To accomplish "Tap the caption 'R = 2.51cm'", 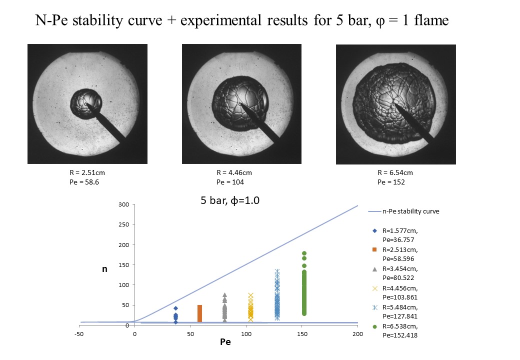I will [87, 173].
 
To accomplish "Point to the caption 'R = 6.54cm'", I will [395, 173].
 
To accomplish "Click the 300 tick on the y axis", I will [123, 205].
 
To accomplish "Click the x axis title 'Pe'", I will [225, 343].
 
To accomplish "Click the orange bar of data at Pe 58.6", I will [199, 313].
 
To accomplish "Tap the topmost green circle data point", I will [304, 253].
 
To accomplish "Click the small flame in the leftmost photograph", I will [86, 103].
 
